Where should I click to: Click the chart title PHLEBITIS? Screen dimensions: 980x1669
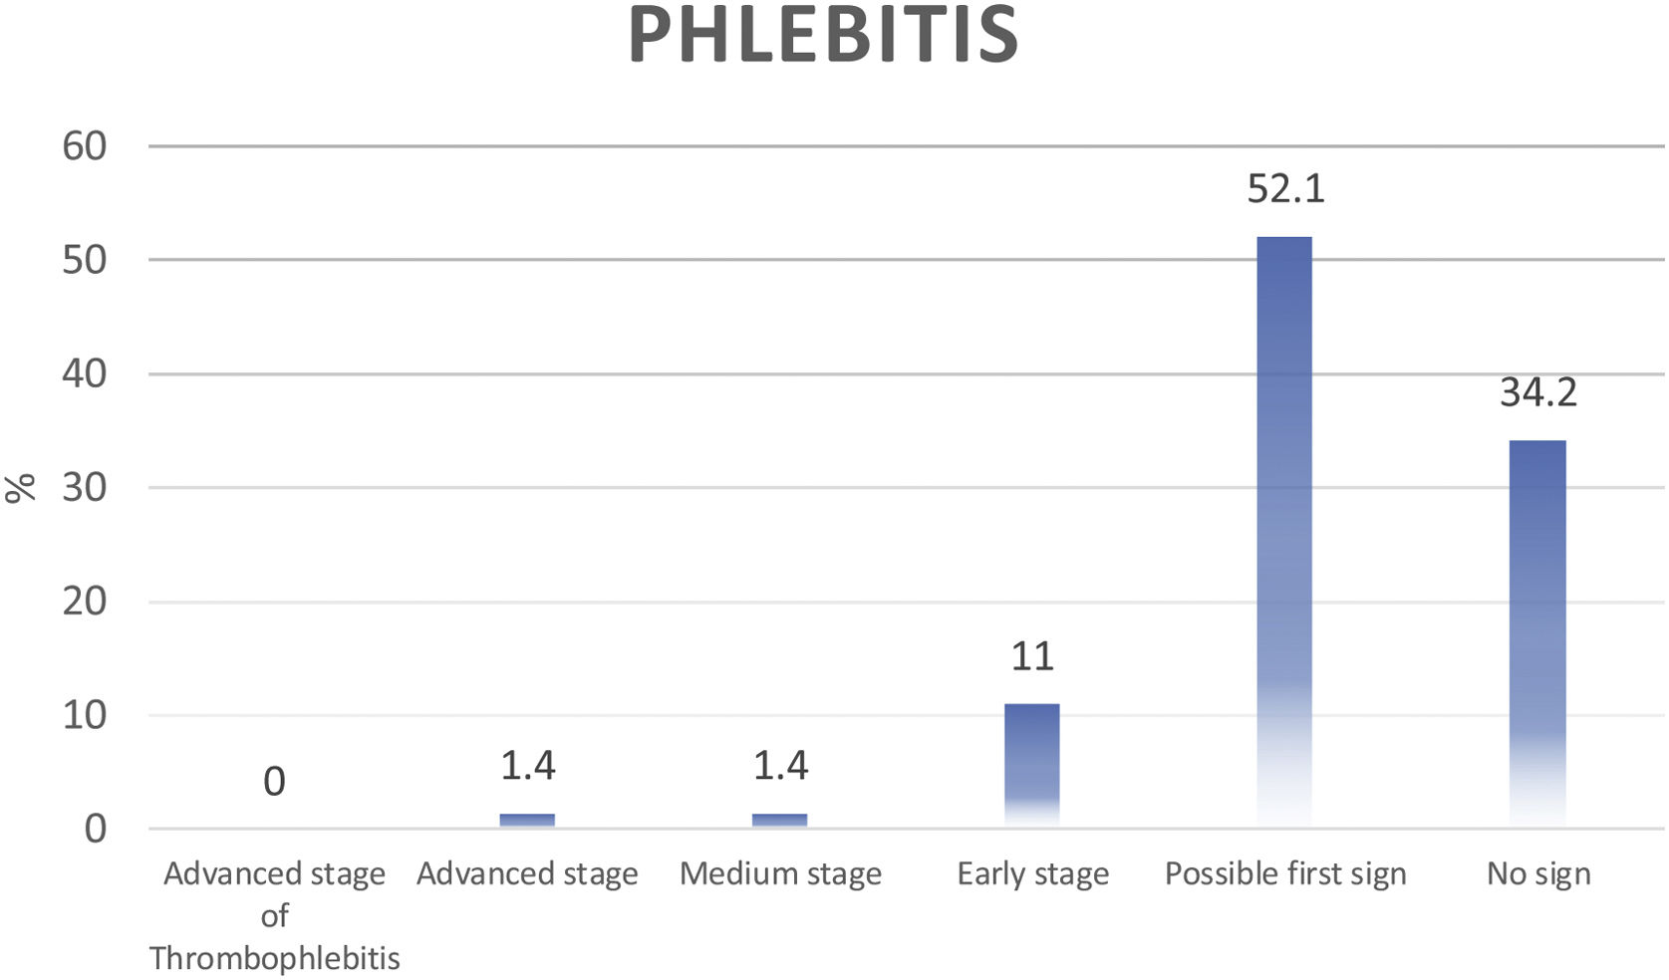tap(824, 35)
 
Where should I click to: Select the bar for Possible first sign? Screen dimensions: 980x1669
tap(1284, 528)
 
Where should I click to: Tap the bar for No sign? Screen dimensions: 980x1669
tap(1537, 627)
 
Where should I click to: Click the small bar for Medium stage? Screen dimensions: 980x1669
tap(779, 820)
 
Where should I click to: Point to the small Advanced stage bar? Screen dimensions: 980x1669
tap(527, 820)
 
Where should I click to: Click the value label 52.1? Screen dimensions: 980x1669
tap(1285, 188)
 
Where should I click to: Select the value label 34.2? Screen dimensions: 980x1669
tap(1538, 392)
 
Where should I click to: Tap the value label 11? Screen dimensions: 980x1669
tap(1032, 656)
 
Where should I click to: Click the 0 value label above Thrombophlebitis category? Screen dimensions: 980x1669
tap(274, 782)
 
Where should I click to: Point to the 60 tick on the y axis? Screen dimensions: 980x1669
tap(84, 146)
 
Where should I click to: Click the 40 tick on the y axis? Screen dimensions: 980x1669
tap(84, 374)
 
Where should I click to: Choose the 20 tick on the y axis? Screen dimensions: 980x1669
tap(84, 602)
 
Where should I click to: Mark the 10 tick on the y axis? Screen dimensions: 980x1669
tap(84, 715)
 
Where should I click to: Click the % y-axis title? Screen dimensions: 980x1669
tap(20, 487)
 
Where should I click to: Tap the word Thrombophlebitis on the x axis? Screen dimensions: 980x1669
tap(274, 958)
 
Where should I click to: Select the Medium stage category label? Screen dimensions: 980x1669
tap(780, 874)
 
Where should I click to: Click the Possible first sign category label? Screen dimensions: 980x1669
tap(1285, 874)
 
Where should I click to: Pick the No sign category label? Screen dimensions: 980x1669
tap(1538, 874)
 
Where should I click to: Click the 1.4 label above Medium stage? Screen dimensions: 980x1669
tap(780, 765)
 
